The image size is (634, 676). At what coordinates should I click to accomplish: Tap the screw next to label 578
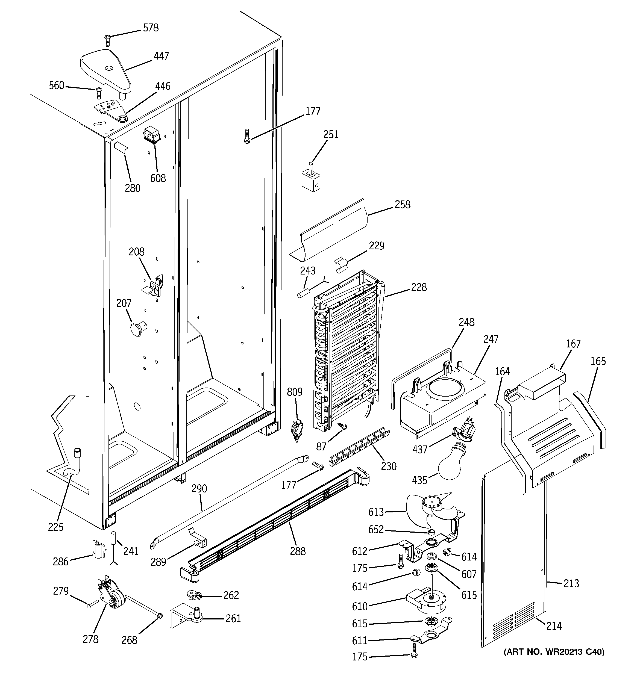tap(108, 40)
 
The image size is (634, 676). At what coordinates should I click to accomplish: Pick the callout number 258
tap(403, 204)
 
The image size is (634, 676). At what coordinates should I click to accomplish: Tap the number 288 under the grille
tap(298, 551)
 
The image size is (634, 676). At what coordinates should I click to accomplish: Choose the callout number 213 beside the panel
tap(571, 583)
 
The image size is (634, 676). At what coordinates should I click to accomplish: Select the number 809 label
tap(294, 392)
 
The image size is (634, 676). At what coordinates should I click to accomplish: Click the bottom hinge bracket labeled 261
tap(186, 618)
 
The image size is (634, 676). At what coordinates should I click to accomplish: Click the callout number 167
tap(573, 344)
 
